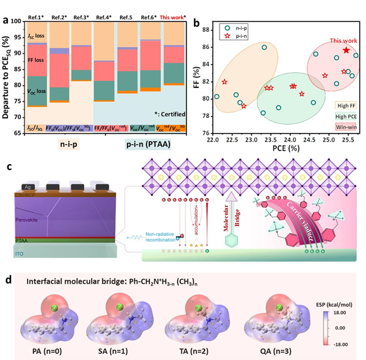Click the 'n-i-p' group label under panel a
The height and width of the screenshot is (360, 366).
[71, 146]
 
